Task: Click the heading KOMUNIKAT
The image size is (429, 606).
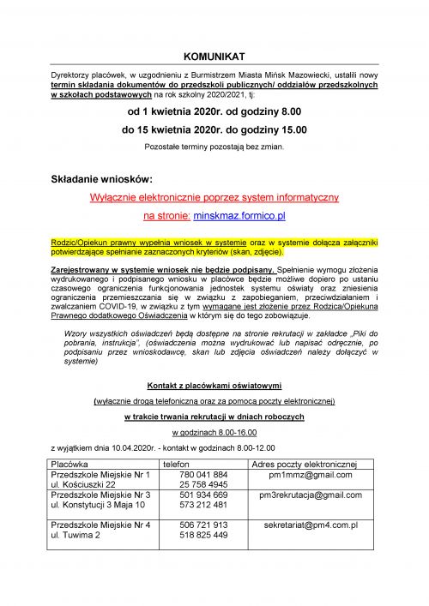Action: (x=214, y=56)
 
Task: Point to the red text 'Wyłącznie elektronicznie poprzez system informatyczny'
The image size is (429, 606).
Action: (x=214, y=198)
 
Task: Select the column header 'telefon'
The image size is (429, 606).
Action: (x=176, y=464)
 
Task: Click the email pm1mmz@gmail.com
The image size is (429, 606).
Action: (x=311, y=474)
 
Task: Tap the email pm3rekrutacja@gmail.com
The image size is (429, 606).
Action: (x=311, y=495)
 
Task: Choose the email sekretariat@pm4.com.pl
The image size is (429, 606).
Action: (x=311, y=524)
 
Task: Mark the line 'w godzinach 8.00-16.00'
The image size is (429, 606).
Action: (x=214, y=433)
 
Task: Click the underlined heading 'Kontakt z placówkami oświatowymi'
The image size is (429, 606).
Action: (x=214, y=385)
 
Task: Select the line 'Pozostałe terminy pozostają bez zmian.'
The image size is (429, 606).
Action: (x=214, y=147)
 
